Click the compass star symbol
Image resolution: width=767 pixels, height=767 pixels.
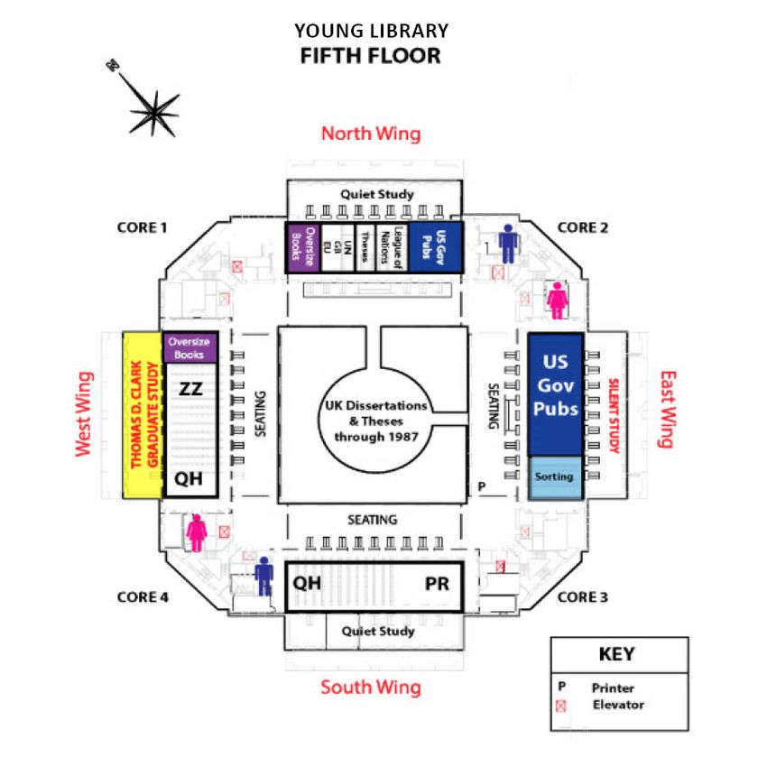153,112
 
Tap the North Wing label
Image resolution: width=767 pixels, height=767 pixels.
371,134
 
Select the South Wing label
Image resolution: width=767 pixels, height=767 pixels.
371,688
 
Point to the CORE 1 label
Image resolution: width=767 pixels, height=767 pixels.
143,227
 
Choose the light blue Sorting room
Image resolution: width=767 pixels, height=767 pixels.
555,476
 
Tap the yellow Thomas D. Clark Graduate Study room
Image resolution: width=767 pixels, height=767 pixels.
142,415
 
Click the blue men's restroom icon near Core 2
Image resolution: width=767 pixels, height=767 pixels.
509,243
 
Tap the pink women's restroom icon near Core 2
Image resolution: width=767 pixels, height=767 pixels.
559,299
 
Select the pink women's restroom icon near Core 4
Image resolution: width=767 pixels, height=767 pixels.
197,531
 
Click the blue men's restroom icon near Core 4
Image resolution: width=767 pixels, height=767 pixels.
263,574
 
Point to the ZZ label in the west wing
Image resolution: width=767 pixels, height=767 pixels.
190,390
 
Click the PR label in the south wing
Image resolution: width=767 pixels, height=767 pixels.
437,584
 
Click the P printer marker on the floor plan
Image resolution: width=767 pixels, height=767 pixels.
481,486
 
